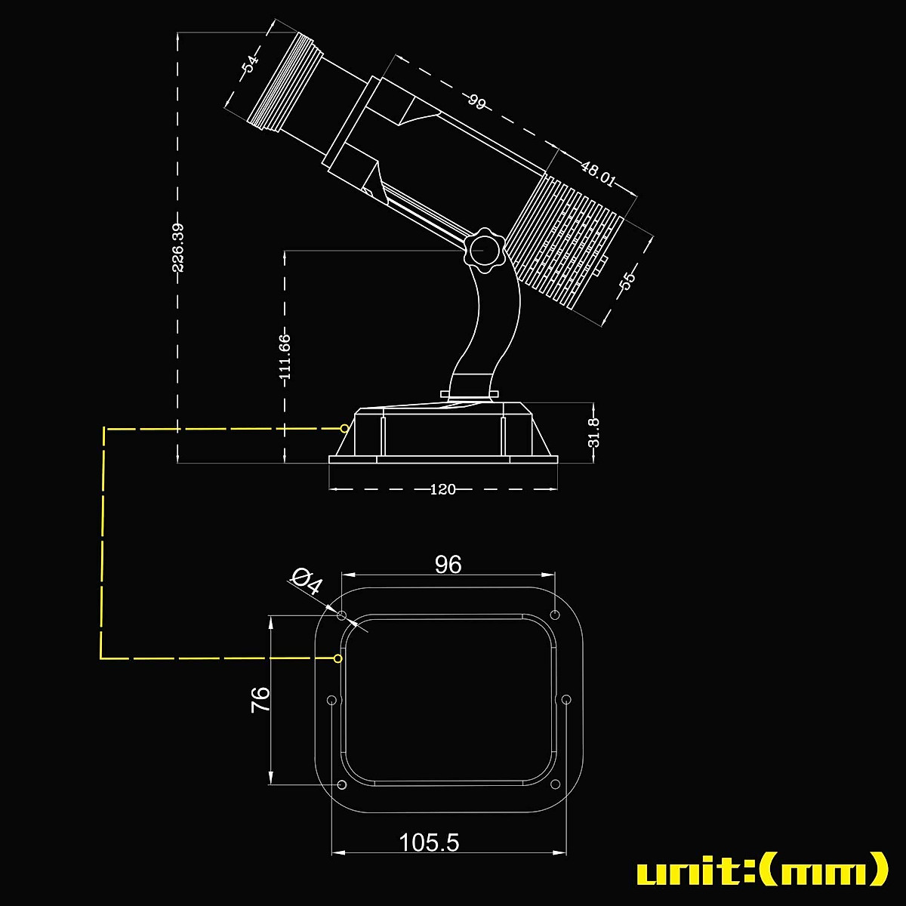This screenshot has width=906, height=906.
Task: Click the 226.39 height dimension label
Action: click(178, 248)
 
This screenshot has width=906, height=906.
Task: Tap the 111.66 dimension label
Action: click(285, 356)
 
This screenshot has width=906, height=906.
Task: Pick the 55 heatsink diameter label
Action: click(627, 279)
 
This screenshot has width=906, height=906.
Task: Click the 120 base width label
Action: click(442, 489)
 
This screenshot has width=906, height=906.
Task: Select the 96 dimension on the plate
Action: click(448, 565)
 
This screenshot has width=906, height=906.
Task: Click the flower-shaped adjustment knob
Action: click(483, 248)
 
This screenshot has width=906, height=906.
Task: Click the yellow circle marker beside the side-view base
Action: click(344, 428)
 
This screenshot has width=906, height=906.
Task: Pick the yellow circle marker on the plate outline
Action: click(337, 658)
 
